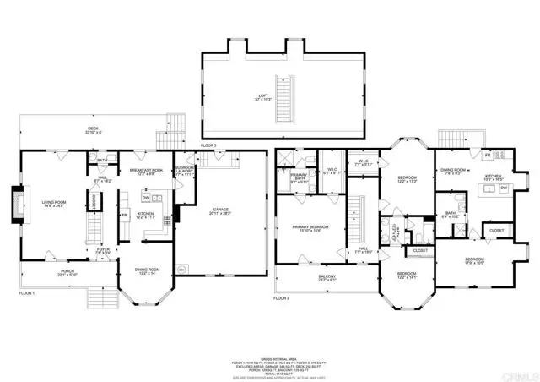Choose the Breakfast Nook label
(146, 172)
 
